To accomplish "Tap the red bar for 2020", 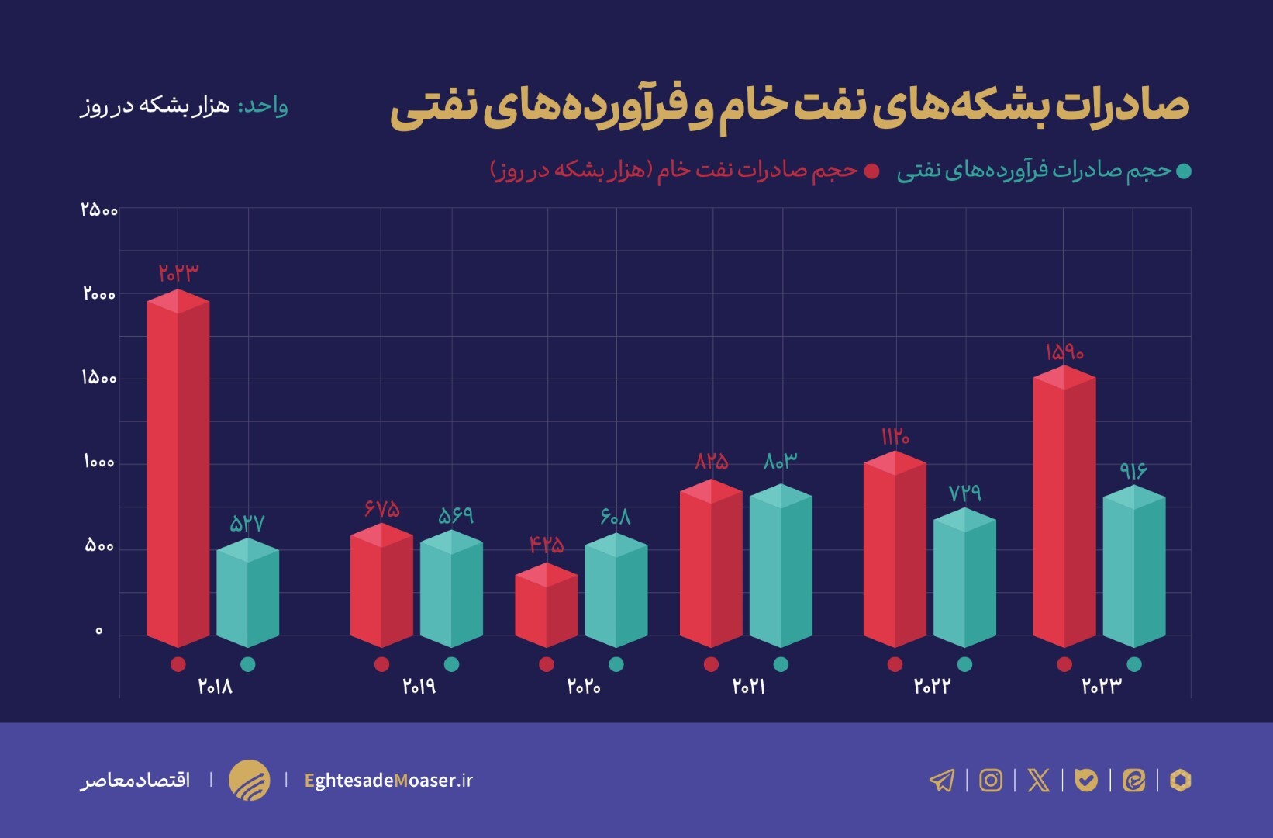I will [x=547, y=609].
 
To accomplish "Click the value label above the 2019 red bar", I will [x=382, y=509].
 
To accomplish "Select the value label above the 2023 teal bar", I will [x=1133, y=471].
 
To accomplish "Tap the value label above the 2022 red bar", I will [x=895, y=437].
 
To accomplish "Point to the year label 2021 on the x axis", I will [x=749, y=687].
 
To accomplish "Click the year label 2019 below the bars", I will [x=419, y=687].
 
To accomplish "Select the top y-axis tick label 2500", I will [x=99, y=209].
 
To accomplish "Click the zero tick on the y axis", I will [x=98, y=631].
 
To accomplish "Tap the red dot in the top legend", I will [x=872, y=171].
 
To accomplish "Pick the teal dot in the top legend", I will [x=1183, y=171].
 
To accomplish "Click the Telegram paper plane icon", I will [x=942, y=780].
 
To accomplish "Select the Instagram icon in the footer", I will [x=990, y=780].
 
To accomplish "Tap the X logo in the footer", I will [x=1038, y=780].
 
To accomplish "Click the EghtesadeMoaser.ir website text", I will [x=388, y=781].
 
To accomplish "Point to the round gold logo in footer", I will [x=249, y=780].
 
